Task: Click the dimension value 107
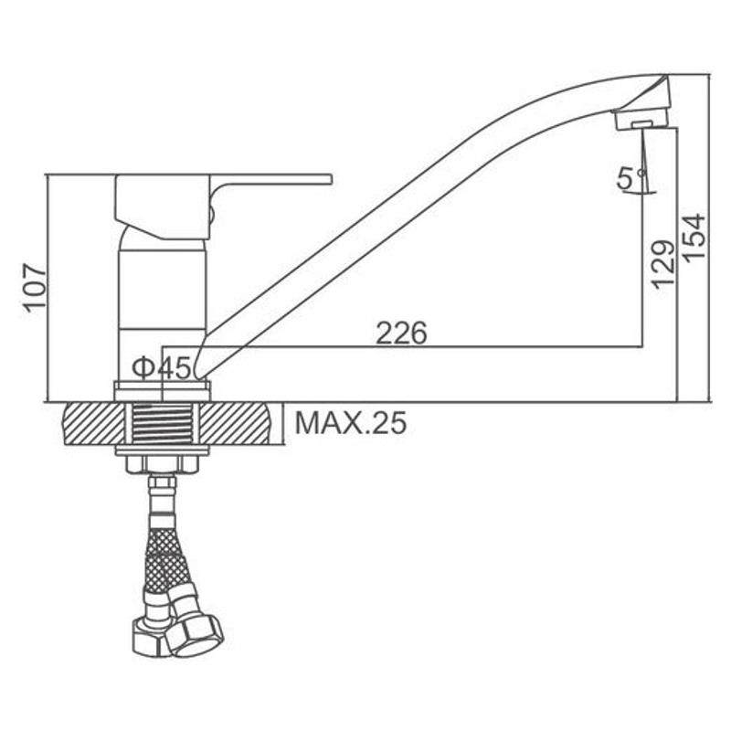pos(36,288)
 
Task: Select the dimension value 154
pos(694,237)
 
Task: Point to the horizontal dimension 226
pos(401,333)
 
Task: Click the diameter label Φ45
pos(162,368)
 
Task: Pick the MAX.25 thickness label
pos(351,423)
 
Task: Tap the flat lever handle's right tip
pos(331,179)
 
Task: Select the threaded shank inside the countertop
pos(163,424)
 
